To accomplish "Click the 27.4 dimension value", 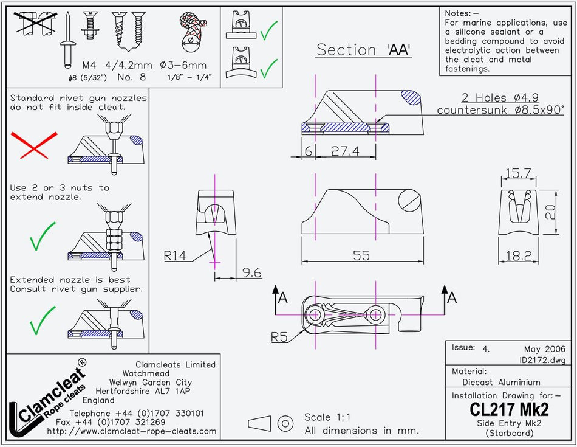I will click(x=345, y=151).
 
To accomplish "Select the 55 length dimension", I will click(x=361, y=255).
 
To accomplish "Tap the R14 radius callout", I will click(x=176, y=255).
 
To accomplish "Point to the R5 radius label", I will click(x=280, y=336).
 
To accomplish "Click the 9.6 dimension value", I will click(x=252, y=273).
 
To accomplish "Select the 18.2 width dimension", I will click(x=518, y=256).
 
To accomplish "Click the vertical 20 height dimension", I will click(x=550, y=212).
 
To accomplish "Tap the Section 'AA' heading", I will click(x=364, y=50).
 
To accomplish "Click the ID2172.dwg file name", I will click(x=542, y=360).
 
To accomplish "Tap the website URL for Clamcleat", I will click(x=131, y=431).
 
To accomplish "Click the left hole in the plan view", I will click(x=315, y=314).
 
